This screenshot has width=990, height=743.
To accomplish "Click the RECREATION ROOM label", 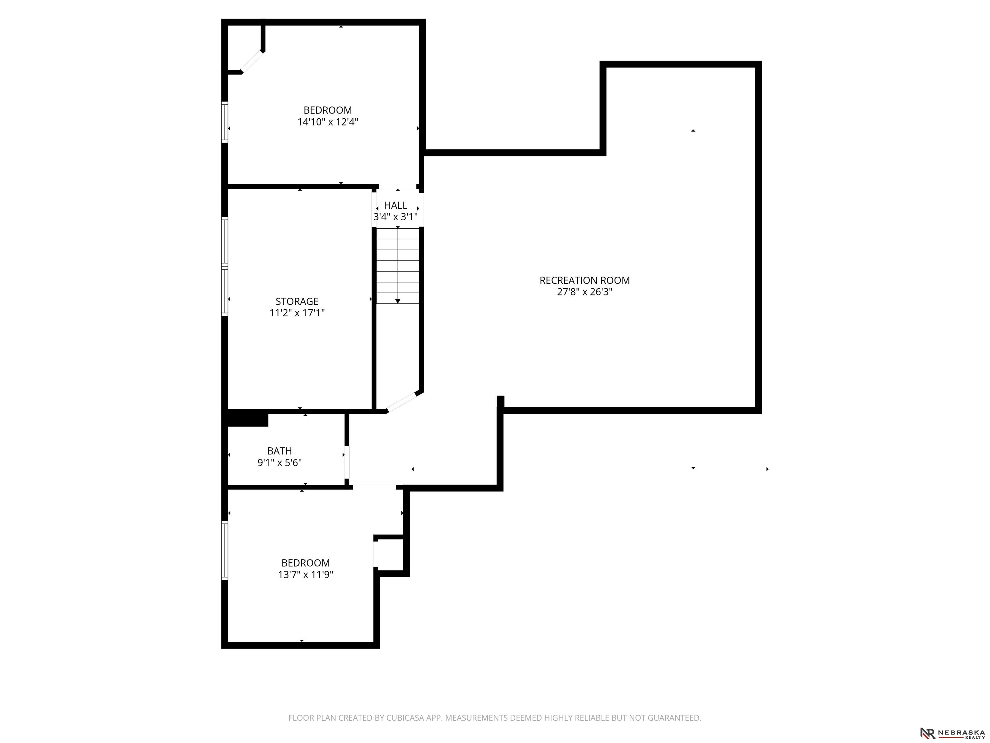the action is tap(585, 280).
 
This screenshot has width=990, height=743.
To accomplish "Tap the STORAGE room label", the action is tap(297, 302).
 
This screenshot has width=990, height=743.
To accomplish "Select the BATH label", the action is tap(280, 451).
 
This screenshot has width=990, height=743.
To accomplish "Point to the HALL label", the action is tap(396, 205).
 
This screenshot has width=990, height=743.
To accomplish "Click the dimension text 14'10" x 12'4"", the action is tap(328, 122).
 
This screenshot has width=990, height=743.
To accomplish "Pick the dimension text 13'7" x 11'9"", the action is tap(306, 575).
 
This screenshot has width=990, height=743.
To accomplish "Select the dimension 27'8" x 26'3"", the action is tap(585, 292).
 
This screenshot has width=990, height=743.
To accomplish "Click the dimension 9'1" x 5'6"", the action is tap(280, 463).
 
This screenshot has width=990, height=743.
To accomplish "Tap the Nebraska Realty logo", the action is tap(952, 733).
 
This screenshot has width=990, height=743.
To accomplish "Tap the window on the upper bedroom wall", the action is tap(225, 122).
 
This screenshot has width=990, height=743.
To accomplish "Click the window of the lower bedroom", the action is tap(225, 550).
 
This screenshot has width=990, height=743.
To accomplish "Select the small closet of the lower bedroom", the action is tap(391, 554).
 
